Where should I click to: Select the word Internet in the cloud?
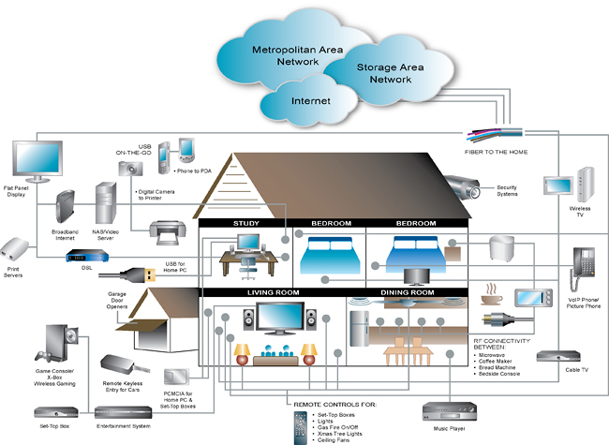(311, 100)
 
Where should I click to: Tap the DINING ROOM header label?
(408, 293)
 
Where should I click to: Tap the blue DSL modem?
(81, 258)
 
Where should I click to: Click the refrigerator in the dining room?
(363, 332)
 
